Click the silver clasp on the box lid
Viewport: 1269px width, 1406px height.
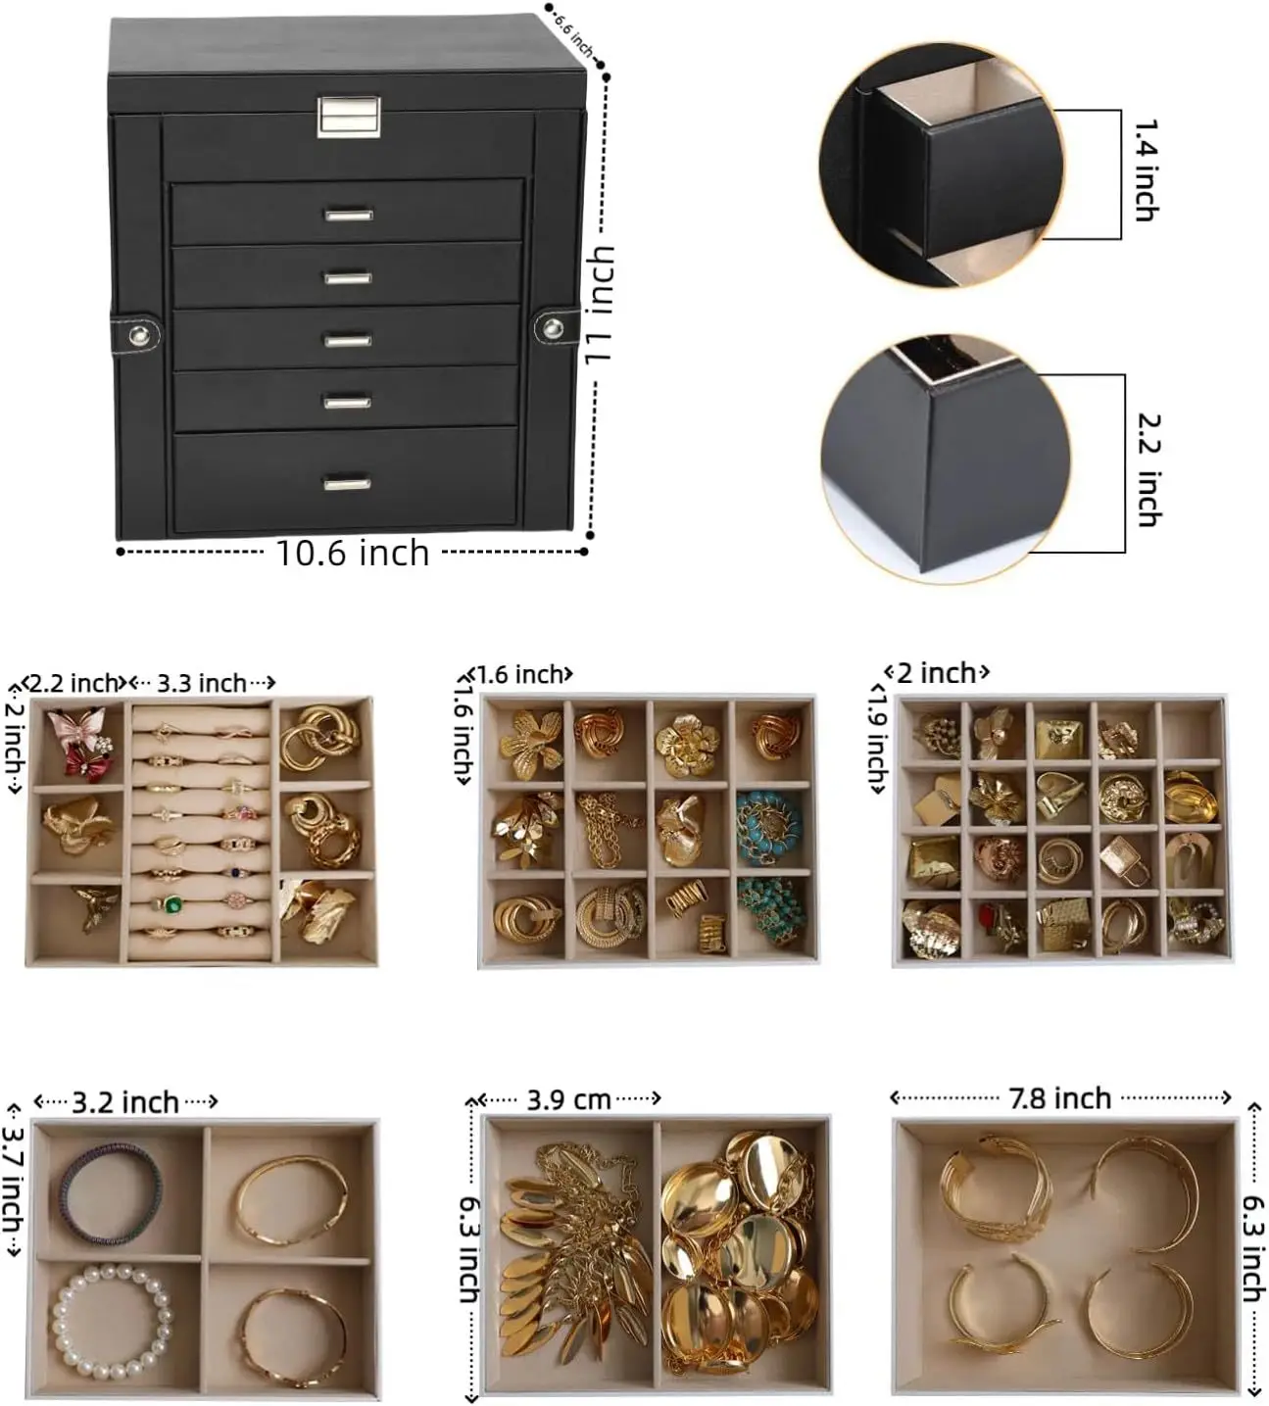pos(349,116)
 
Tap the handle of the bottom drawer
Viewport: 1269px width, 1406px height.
pos(347,483)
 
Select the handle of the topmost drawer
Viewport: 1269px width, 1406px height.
pos(349,215)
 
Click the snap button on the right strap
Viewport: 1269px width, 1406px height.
pos(553,327)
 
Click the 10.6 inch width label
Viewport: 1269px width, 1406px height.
pos(353,554)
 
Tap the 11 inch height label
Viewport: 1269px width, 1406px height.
pos(600,305)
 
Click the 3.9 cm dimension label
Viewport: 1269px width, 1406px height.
pos(568,1100)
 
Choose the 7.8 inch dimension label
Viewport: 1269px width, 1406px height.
pos(1060,1098)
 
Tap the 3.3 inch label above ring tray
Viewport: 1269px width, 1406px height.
pos(201,683)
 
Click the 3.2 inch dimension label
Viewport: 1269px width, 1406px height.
pos(125,1103)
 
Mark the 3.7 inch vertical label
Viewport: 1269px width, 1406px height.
pos(13,1180)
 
